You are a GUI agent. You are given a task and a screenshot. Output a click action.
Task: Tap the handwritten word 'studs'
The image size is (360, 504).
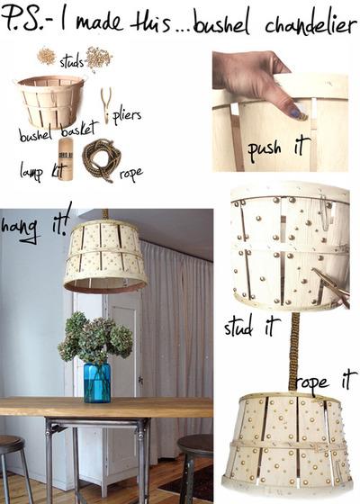(x=71, y=61)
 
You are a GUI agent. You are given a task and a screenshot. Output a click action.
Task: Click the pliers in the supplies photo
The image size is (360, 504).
(x=106, y=103)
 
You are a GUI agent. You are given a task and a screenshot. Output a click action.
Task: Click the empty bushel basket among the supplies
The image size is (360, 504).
(x=50, y=101)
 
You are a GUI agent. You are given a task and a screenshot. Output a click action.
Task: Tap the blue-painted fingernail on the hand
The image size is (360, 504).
(x=293, y=112)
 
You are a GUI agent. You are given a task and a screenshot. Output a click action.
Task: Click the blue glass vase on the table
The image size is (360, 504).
(x=96, y=382)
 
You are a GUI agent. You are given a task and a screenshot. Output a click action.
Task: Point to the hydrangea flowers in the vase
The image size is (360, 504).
(x=95, y=338)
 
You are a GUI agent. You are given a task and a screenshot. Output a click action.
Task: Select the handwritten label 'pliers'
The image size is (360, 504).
(x=127, y=117)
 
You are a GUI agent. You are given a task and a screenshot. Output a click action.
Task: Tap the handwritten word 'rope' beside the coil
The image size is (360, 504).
(x=130, y=173)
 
